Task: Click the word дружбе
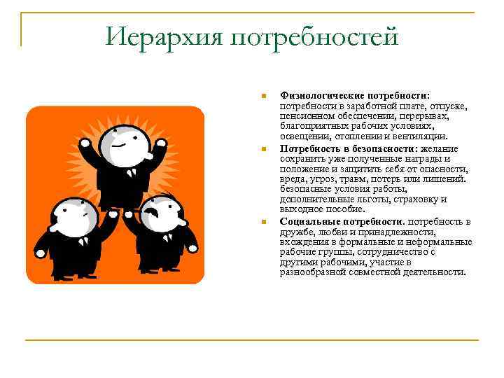click(296, 232)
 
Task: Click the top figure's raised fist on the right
click(161, 148)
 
